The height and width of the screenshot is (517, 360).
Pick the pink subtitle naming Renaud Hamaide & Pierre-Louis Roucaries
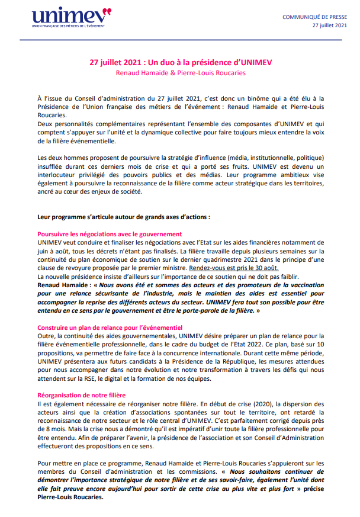(180, 73)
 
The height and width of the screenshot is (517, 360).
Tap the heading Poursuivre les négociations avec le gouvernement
(110, 235)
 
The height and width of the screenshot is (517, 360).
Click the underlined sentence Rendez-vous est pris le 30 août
(229, 268)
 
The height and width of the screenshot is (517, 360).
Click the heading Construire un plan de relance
(110, 327)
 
